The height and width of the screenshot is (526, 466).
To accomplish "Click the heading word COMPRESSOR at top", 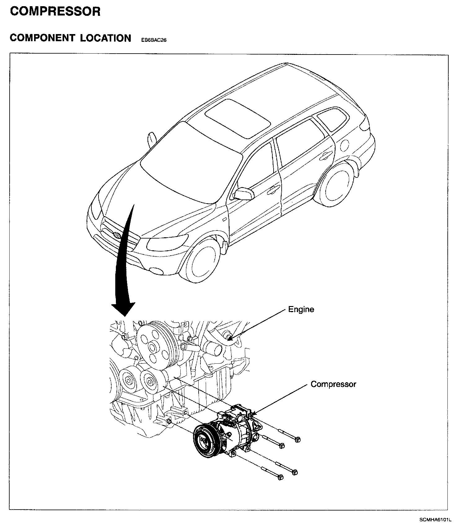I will click(55, 11).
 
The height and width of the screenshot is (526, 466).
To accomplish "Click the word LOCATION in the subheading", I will click(106, 38).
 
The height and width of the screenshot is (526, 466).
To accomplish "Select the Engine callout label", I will click(301, 309).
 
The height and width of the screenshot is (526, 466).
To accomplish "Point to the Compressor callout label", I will click(333, 384).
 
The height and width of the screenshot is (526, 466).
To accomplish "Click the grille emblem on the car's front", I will click(117, 235).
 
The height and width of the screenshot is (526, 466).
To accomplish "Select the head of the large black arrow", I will click(123, 309).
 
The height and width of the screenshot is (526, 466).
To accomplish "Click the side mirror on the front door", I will click(244, 194).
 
